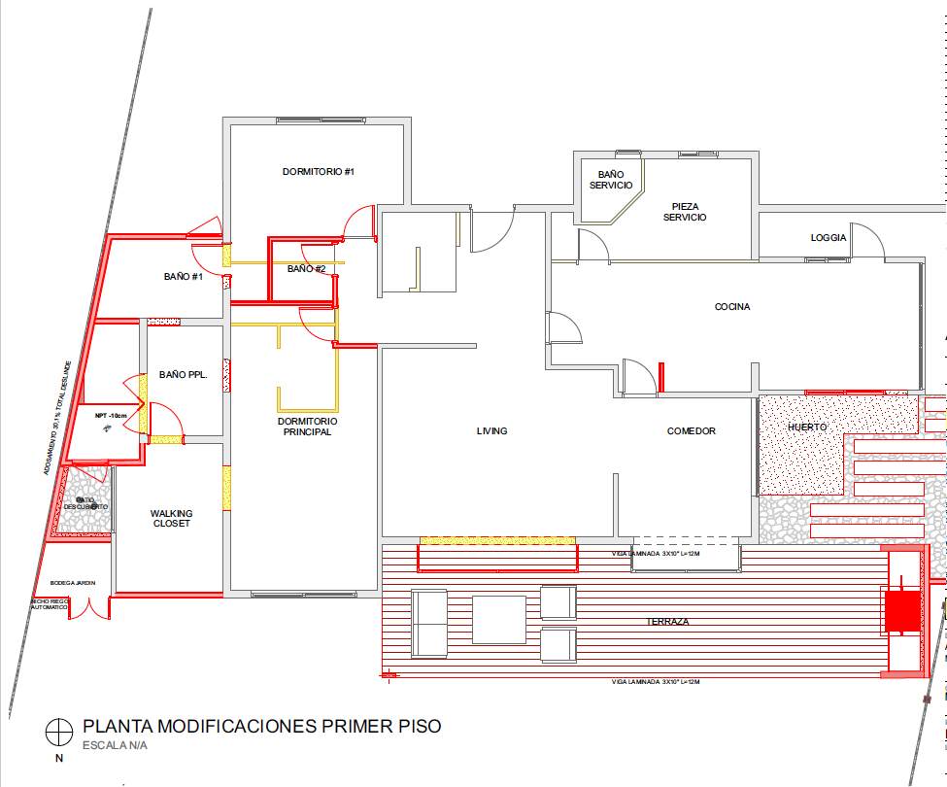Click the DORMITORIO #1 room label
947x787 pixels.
318,172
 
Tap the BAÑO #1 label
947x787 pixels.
183,277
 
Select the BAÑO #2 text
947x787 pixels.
306,268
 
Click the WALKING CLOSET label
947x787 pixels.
171,518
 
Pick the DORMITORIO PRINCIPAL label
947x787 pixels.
307,427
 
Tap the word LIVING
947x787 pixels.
492,431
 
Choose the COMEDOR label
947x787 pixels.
691,431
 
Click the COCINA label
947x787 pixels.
732,307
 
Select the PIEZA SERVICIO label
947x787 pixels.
685,211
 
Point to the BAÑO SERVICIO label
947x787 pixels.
611,180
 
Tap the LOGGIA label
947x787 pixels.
829,238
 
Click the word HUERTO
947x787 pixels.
806,427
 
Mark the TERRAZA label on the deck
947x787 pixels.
668,621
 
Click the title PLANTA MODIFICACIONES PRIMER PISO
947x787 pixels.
261,726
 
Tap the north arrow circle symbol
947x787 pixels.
59,729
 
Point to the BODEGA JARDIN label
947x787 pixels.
67,582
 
